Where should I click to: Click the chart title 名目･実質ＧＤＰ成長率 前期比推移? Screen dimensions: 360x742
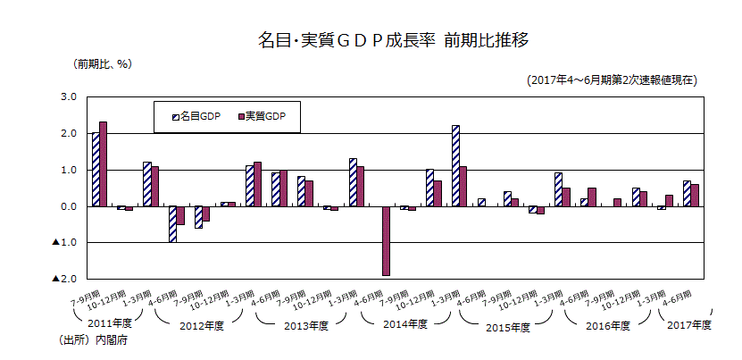[x=393, y=40]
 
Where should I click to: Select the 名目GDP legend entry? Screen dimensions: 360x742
[x=196, y=117]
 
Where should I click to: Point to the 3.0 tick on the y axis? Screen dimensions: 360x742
[x=69, y=96]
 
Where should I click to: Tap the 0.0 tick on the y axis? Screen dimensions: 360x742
[x=69, y=206]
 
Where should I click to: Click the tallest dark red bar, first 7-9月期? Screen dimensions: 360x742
[x=104, y=163]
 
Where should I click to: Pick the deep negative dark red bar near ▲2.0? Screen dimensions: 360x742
[x=386, y=241]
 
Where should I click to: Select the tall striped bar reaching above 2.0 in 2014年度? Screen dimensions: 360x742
[x=455, y=166]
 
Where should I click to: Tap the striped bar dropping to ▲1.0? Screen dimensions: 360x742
[x=172, y=223]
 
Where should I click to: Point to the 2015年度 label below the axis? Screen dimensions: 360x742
[x=509, y=326]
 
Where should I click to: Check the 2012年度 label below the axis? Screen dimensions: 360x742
[x=207, y=325]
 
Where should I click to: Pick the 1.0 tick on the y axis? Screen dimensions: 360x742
[x=69, y=170]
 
